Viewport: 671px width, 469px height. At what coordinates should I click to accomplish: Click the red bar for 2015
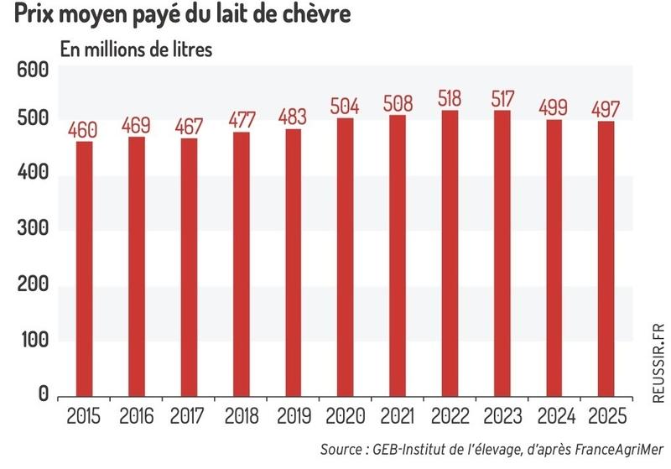84,268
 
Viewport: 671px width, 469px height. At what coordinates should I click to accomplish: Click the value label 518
449,98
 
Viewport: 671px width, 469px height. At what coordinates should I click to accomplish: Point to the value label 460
84,130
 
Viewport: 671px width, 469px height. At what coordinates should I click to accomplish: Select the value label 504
345,107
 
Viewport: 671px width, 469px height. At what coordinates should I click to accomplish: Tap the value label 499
554,108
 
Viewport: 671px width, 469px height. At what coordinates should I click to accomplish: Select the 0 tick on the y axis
44,395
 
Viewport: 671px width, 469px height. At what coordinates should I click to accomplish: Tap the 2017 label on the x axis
188,416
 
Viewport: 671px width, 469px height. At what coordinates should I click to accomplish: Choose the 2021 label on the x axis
397,416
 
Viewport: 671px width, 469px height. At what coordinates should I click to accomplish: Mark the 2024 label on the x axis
554,416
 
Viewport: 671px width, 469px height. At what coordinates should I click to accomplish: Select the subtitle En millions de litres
135,48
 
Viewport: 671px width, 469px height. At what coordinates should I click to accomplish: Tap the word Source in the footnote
342,450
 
